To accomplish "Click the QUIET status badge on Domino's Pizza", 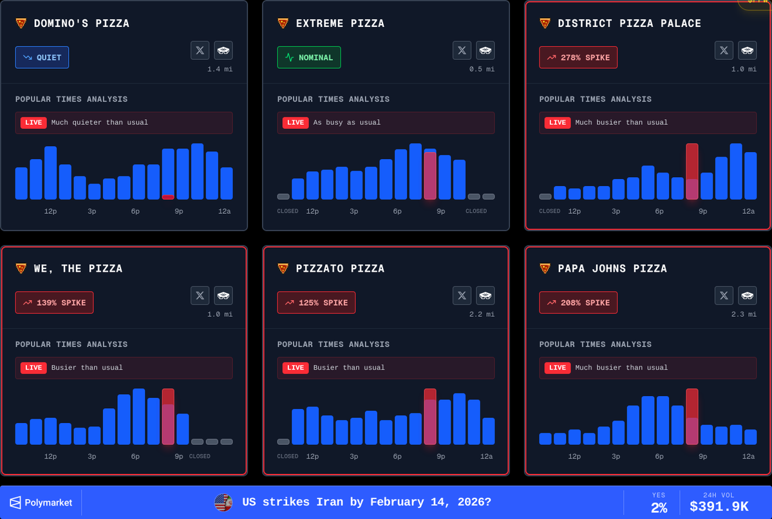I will click(42, 57).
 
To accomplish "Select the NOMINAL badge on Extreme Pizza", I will click(308, 57).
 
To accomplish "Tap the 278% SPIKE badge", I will click(578, 57).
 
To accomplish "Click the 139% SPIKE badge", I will click(54, 303).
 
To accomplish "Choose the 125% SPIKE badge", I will click(316, 303).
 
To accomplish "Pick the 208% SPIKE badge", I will click(578, 303).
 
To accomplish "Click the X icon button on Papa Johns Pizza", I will click(724, 296).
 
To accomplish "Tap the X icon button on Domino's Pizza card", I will click(200, 50).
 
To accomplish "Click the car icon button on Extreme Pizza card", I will click(485, 50).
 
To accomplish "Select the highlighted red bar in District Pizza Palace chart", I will click(692, 171).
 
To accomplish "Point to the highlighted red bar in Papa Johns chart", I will click(692, 417).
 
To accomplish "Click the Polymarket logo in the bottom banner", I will click(41, 502).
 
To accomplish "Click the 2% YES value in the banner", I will click(659, 507).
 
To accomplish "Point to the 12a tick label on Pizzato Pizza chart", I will click(486, 457).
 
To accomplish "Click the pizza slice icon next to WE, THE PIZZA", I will click(21, 269).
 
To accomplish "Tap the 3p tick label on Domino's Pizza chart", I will click(92, 211).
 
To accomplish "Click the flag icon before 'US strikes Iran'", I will click(223, 502).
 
